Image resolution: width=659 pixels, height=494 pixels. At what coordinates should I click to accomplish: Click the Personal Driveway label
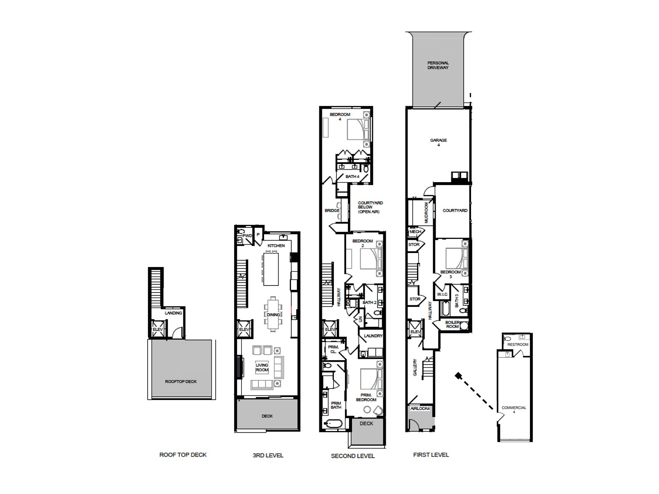[438, 65]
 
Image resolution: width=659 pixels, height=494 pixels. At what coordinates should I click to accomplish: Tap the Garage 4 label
[439, 142]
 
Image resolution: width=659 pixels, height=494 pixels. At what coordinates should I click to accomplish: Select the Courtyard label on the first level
[455, 211]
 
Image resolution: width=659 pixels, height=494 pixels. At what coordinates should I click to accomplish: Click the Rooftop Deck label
[181, 382]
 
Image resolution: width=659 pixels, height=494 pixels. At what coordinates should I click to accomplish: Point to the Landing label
[174, 313]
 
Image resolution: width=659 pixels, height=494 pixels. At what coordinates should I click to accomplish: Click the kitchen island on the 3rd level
[270, 269]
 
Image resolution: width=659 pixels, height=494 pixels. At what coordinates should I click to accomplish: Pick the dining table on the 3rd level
[273, 314]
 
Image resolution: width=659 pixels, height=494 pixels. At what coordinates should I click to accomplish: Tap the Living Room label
[262, 368]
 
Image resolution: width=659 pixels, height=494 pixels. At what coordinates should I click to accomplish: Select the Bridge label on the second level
[332, 211]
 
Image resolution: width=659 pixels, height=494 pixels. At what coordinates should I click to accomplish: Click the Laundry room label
[373, 336]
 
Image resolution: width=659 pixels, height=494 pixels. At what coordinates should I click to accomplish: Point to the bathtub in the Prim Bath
[333, 424]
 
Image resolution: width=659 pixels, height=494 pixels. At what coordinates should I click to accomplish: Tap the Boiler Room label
[452, 325]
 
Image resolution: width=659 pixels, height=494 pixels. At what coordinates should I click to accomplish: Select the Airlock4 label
[420, 409]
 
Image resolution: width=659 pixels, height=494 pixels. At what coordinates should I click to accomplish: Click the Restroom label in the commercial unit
[518, 344]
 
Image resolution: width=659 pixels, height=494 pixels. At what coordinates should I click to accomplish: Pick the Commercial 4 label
[514, 410]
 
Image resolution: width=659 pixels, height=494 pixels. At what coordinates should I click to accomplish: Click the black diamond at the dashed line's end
[458, 375]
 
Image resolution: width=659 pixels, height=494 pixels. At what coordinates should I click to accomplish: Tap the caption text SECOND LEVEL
[353, 456]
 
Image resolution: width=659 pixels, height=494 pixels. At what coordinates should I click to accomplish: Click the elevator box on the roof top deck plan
[158, 330]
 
